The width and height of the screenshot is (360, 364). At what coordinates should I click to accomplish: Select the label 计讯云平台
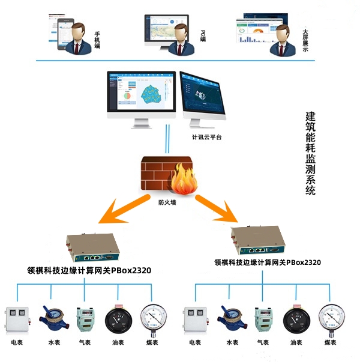205,137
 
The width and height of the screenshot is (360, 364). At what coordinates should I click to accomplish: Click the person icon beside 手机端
78,37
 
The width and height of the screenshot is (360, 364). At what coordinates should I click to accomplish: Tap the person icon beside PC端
182,37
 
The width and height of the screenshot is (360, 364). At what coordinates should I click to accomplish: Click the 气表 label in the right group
262,342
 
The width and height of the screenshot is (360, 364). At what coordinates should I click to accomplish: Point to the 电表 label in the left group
17,342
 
